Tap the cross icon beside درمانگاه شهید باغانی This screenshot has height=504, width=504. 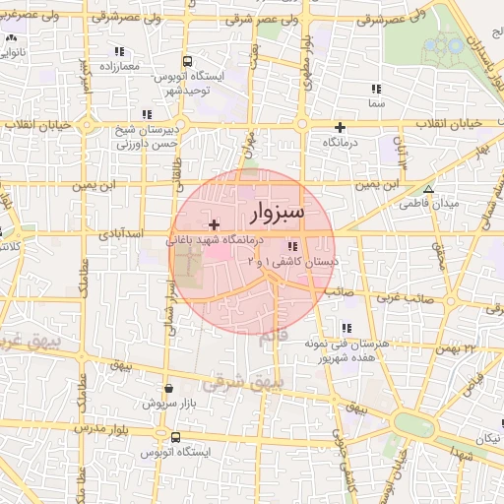pos(215,225)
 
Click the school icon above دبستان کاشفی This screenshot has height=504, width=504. pos(292,247)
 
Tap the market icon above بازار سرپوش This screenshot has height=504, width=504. pos(169,389)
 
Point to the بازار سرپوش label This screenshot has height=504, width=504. pos(168,404)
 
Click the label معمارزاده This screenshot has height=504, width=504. pos(120,66)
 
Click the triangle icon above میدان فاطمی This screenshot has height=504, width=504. pos(427,189)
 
